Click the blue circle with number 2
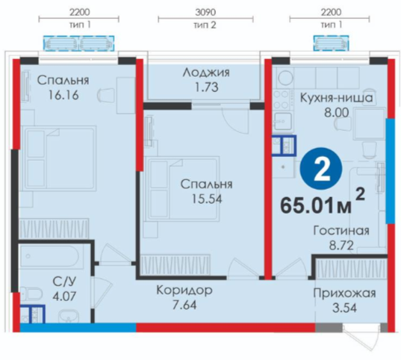click(x=321, y=169)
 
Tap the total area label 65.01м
click(x=316, y=206)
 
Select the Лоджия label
click(x=206, y=72)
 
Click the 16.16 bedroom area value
click(x=63, y=95)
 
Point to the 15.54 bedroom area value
click(x=207, y=199)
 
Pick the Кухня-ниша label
click(x=336, y=98)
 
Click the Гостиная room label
click(x=341, y=231)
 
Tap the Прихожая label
click(x=344, y=294)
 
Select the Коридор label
click(x=184, y=291)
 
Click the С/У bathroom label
click(x=64, y=282)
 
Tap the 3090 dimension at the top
click(x=205, y=12)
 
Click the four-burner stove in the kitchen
click(x=282, y=100)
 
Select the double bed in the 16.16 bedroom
click(x=59, y=158)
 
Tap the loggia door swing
click(x=235, y=120)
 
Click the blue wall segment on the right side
click(x=390, y=171)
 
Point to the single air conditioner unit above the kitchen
click(x=332, y=43)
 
